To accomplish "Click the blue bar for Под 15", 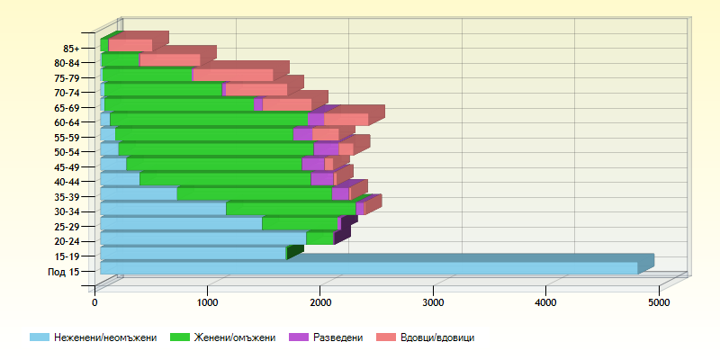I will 369,268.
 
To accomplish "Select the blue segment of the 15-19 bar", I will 193,254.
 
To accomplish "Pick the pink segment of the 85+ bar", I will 130,46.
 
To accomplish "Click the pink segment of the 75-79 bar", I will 232,76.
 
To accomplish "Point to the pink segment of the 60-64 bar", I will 346,120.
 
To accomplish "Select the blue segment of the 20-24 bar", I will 202,238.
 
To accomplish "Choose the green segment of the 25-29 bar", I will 300,224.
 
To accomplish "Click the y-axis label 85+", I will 71,49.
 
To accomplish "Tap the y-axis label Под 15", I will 63,272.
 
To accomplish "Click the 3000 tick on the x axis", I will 433,303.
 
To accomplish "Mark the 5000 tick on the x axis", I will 658,303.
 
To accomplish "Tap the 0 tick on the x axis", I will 94,303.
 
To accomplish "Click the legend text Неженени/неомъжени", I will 105,337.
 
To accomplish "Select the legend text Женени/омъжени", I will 234,337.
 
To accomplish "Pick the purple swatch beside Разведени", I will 299,337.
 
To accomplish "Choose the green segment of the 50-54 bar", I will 216,149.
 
